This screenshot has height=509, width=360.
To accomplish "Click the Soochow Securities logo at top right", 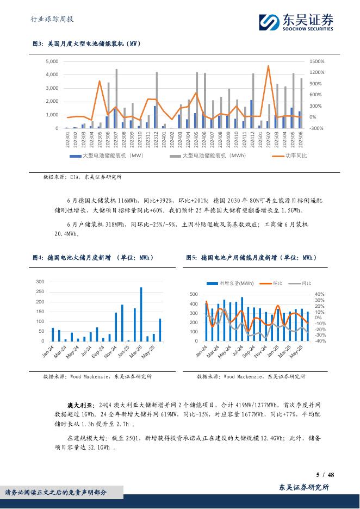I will coord(296,22).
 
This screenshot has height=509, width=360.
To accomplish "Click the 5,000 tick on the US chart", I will coord(52,61).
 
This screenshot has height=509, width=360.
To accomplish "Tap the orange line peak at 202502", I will coord(268,66).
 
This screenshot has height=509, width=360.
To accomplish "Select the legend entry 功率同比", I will coord(296,156).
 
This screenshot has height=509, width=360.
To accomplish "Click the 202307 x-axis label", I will coord(116,138).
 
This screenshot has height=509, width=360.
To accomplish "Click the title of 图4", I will coord(93,257).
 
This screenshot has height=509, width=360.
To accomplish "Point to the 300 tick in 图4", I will coord(40,282).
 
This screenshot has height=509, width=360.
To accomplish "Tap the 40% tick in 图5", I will coord(320,294).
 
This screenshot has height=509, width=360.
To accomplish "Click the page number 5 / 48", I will coord(325,475).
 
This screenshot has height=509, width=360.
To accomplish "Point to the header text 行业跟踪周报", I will coord(50,19).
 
